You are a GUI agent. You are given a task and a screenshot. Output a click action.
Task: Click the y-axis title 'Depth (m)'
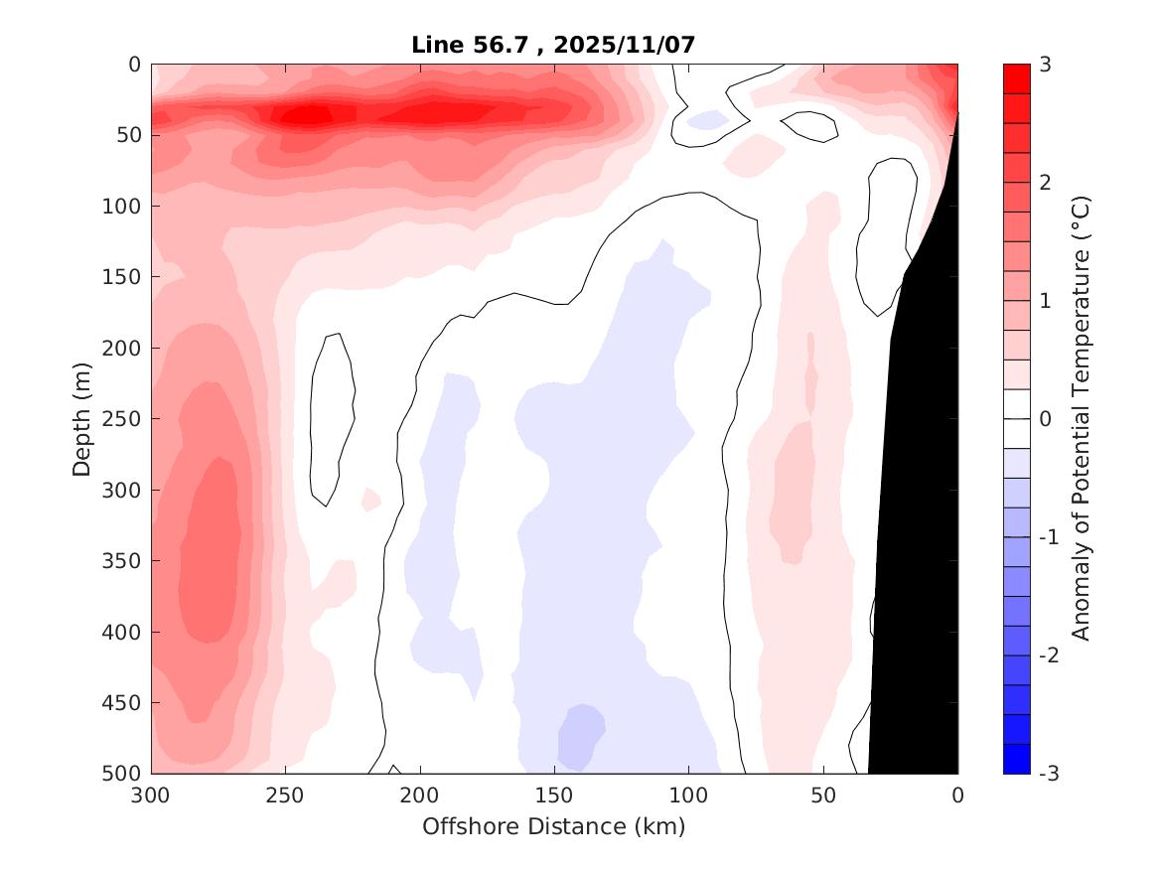coord(82,418)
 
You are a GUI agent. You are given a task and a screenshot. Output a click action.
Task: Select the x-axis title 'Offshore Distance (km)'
coord(553,826)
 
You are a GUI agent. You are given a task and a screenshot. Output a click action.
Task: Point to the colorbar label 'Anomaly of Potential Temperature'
coord(1082,418)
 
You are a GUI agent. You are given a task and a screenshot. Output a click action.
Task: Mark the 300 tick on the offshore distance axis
coord(151,796)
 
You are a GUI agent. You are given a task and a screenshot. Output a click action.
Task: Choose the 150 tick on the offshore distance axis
coord(554,796)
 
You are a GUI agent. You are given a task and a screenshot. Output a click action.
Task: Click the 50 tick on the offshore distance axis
coord(823,796)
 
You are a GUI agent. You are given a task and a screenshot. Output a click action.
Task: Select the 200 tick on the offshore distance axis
coord(420,796)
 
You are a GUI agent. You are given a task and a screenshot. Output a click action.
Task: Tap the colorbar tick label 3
coord(1045,65)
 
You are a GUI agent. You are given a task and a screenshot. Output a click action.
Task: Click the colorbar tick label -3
coord(1048,774)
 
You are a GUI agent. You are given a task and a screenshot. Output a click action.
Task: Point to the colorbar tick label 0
coord(1045,419)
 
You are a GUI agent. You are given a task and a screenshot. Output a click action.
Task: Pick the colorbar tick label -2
coord(1048,655)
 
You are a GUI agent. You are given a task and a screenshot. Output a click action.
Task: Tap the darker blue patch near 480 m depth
coord(581,735)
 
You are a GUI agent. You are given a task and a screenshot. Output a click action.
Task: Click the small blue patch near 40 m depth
coord(707,120)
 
